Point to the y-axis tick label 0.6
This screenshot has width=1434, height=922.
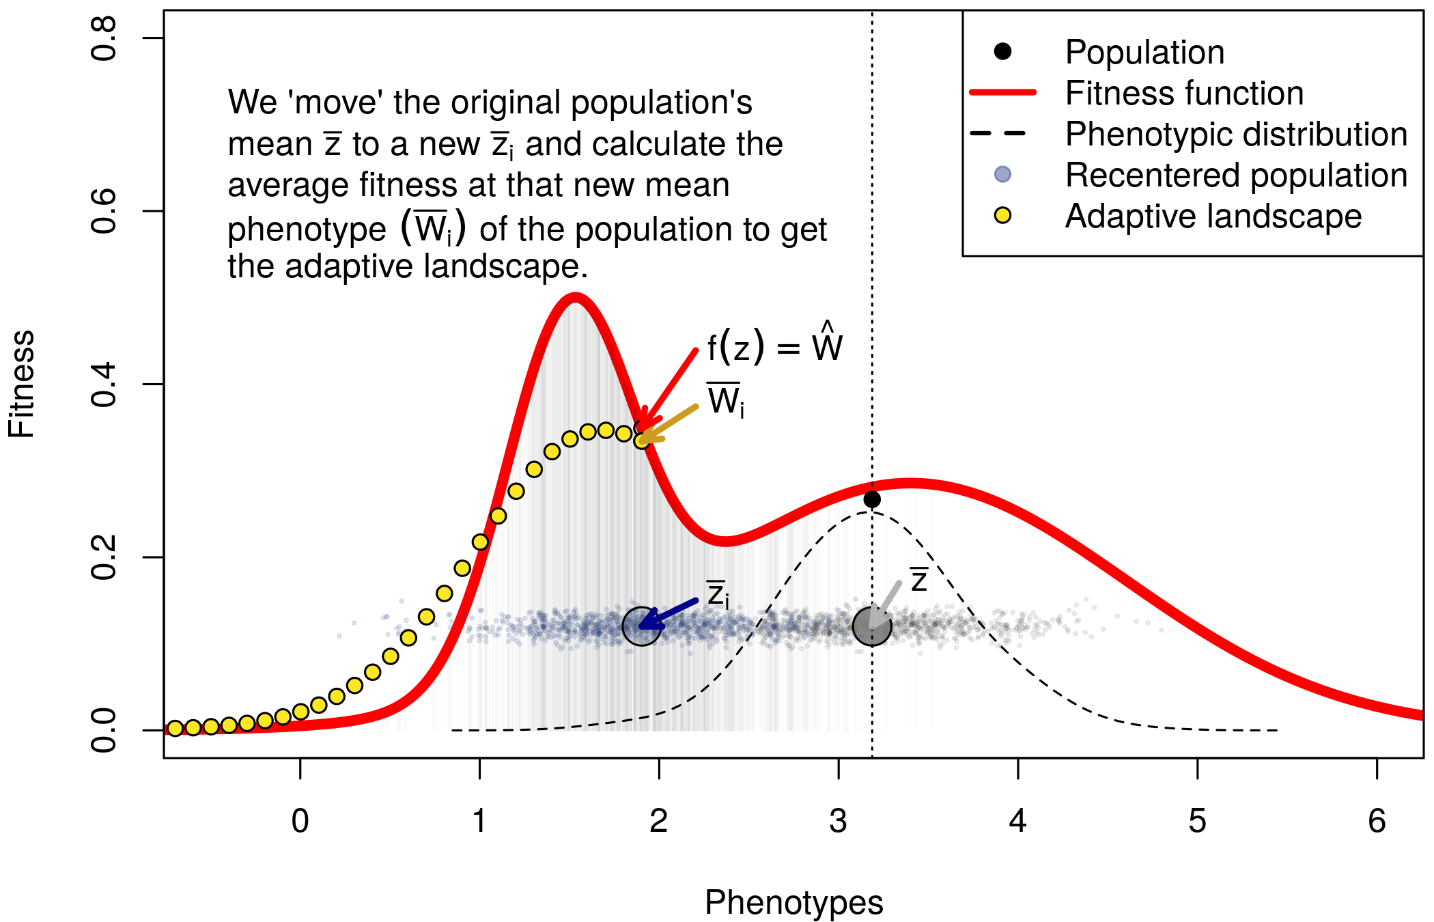coord(104,211)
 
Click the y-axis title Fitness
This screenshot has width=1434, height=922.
coord(22,384)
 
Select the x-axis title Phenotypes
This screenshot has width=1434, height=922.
coord(793,902)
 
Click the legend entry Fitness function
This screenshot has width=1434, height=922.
coord(1184,93)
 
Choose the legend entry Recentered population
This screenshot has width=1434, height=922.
coord(1236,176)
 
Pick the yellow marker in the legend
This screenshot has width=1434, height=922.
coord(1002,216)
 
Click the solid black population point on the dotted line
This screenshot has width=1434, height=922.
coord(872,499)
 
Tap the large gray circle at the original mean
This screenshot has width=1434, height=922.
coord(872,626)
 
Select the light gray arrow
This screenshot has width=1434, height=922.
coord(886,602)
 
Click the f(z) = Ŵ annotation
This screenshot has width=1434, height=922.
coord(774,346)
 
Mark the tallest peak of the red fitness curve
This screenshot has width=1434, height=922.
coord(576,298)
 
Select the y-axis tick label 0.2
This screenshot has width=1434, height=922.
coord(104,557)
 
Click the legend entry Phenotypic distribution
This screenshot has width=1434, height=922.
coord(1236,135)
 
